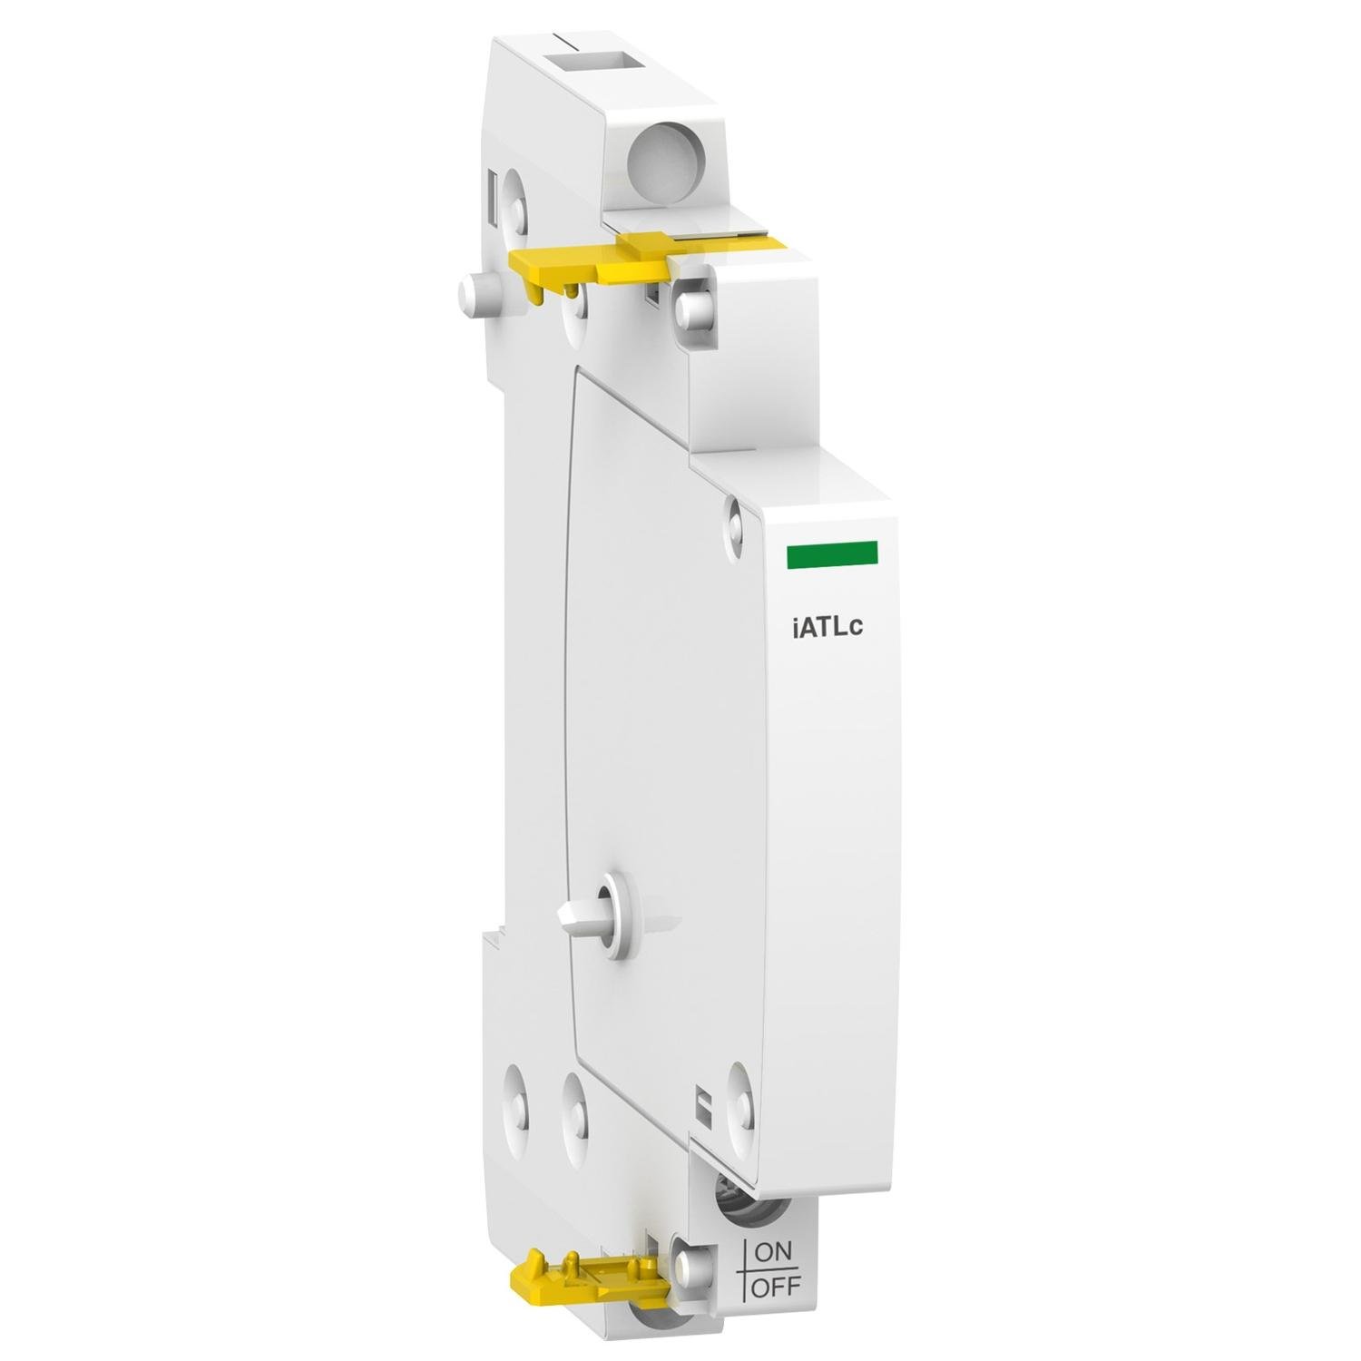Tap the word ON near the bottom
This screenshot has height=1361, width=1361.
point(772,1253)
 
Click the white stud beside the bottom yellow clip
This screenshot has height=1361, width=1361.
point(695,1263)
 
